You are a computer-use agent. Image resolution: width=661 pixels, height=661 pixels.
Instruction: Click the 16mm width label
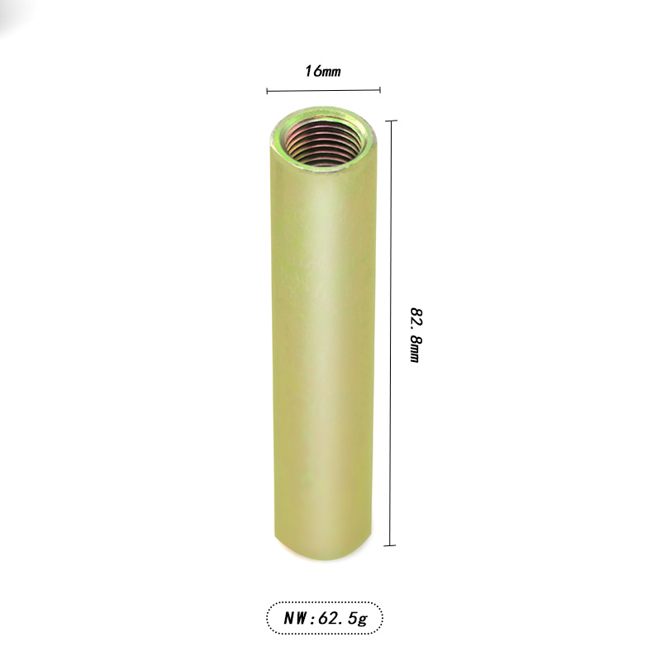(322, 71)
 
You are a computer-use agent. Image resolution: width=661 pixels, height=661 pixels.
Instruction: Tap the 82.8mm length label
(416, 335)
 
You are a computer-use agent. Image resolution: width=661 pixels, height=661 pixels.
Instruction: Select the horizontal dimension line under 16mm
(323, 90)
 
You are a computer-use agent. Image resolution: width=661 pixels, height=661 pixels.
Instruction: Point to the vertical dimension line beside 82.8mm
(391, 333)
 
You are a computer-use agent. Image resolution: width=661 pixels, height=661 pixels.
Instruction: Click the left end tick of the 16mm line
(267, 91)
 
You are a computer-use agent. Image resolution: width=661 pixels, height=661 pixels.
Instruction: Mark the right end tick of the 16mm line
(380, 89)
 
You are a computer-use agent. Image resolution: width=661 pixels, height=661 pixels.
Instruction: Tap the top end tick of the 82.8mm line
(391, 121)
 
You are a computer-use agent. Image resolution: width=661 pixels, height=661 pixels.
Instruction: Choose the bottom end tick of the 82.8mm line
(390, 545)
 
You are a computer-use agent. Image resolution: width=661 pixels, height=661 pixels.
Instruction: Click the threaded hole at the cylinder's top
(323, 142)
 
